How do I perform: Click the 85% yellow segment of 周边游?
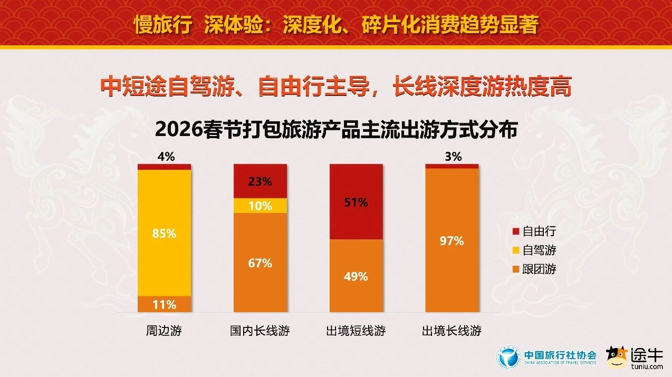coord(164,233)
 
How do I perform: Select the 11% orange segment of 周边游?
coord(164,304)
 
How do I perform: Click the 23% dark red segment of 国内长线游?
coord(260,181)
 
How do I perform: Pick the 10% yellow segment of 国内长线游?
coord(260,206)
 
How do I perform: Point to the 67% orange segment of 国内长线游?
coord(260,263)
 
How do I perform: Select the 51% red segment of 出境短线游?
coord(356,202)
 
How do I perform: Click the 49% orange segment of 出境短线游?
coord(356,276)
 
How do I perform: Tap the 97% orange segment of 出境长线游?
coord(452,240)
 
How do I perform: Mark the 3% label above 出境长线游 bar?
coord(453,157)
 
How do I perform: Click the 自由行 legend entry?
coord(534,231)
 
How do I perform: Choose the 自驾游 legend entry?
coord(534,250)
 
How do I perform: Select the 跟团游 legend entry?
coord(534,269)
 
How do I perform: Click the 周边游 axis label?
coord(164,331)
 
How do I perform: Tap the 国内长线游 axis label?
coord(260,331)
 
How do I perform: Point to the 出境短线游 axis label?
coord(356,331)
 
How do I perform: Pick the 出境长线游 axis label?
coord(452,331)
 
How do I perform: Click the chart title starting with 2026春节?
coord(337,130)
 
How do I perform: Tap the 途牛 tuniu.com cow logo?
coord(617,357)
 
